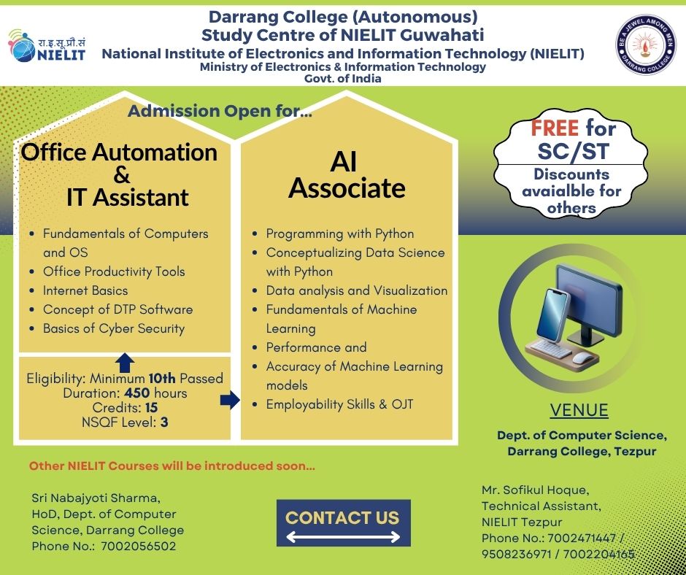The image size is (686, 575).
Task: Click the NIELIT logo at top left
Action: click(47, 46)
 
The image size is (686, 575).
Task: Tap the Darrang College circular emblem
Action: click(646, 45)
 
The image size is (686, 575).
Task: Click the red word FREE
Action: click(555, 128)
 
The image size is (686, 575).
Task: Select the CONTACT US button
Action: click(344, 523)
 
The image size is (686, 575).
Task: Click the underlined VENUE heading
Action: click(579, 411)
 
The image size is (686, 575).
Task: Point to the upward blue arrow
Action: click(125, 363)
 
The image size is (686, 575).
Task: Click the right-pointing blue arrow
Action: click(230, 400)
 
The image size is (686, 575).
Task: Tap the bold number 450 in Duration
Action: click(137, 393)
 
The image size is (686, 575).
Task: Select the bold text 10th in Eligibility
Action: click(162, 378)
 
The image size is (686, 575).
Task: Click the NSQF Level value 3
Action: click(164, 422)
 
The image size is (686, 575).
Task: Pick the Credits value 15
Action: click(151, 408)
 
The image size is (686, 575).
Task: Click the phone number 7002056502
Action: click(138, 546)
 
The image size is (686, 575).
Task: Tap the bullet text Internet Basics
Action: click(85, 290)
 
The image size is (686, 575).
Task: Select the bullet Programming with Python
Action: click(340, 234)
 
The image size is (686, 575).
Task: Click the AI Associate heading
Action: click(347, 175)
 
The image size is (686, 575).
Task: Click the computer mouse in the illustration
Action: click(583, 358)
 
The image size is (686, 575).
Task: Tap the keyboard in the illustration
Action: click(551, 348)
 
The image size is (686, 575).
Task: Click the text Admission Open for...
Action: click(220, 111)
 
